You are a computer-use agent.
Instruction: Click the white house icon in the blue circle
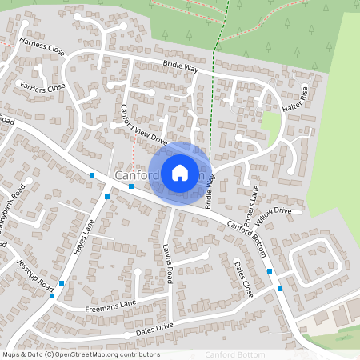coord(180,172)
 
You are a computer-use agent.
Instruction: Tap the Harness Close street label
coord(42,48)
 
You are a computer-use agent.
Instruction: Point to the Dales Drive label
coord(154,326)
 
